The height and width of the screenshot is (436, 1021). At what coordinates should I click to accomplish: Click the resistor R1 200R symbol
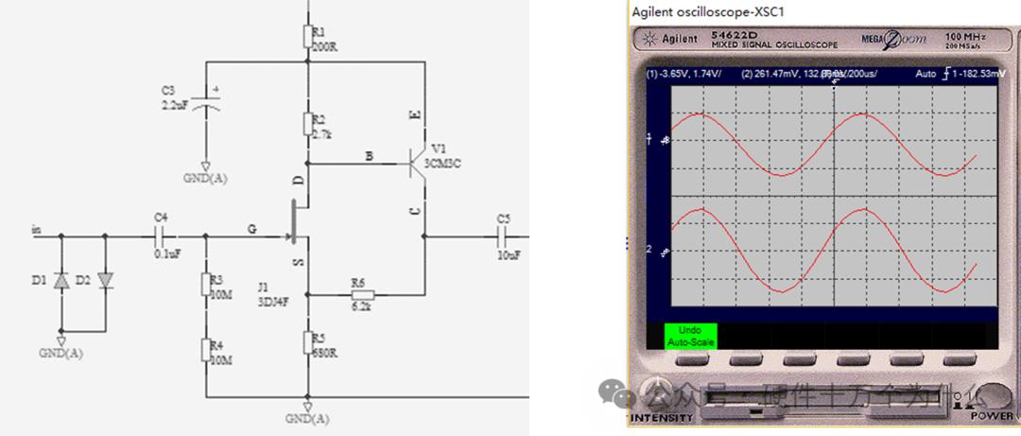307,37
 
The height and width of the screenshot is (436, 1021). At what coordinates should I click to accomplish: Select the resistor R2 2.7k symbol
307,124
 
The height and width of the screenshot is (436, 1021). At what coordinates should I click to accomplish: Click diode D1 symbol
62,281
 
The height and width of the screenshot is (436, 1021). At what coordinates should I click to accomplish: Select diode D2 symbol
104,281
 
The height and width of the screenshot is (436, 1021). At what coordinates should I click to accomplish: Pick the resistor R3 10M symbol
206,285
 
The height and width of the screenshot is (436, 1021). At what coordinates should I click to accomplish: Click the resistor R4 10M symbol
206,349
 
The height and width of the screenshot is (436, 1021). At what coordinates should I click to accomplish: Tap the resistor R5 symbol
307,341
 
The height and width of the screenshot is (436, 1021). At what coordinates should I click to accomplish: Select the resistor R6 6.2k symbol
357,294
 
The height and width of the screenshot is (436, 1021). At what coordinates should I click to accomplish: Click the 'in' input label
37,229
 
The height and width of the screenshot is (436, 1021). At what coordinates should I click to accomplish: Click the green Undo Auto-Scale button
691,336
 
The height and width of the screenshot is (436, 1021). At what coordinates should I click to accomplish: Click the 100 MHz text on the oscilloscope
965,37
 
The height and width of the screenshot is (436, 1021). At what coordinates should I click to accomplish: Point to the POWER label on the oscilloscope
992,416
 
